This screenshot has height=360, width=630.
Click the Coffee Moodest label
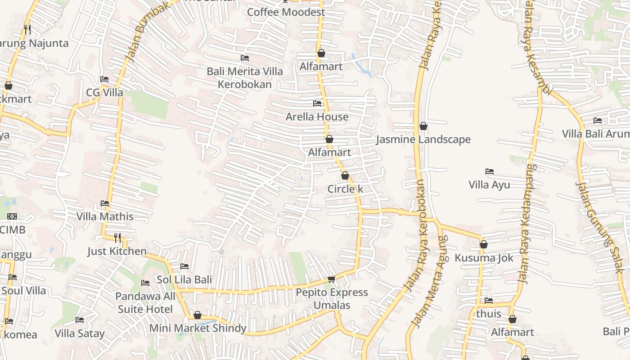pos(286,12)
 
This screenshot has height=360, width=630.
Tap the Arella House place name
pos(317,117)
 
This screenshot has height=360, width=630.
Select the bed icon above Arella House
pos(317,103)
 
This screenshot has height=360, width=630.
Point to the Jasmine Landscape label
pos(423,139)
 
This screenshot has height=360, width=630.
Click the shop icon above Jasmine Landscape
pos(423,126)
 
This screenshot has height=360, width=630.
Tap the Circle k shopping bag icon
pos(345,175)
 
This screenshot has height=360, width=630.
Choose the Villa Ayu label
pos(489,184)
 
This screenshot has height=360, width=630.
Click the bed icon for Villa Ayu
pos(490,171)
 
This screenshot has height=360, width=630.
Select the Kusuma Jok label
pos(484,258)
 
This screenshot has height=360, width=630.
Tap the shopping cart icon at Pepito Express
pos(332,279)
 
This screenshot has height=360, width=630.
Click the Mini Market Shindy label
pos(198,328)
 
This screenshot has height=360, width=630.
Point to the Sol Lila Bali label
pos(184,279)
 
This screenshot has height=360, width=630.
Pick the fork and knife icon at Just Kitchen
pos(117,238)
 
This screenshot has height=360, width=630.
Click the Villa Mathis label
pos(105,216)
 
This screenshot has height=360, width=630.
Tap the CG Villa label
pos(104,92)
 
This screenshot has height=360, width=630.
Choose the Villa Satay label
pos(80,333)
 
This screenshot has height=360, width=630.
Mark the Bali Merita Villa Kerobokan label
pos(245,77)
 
